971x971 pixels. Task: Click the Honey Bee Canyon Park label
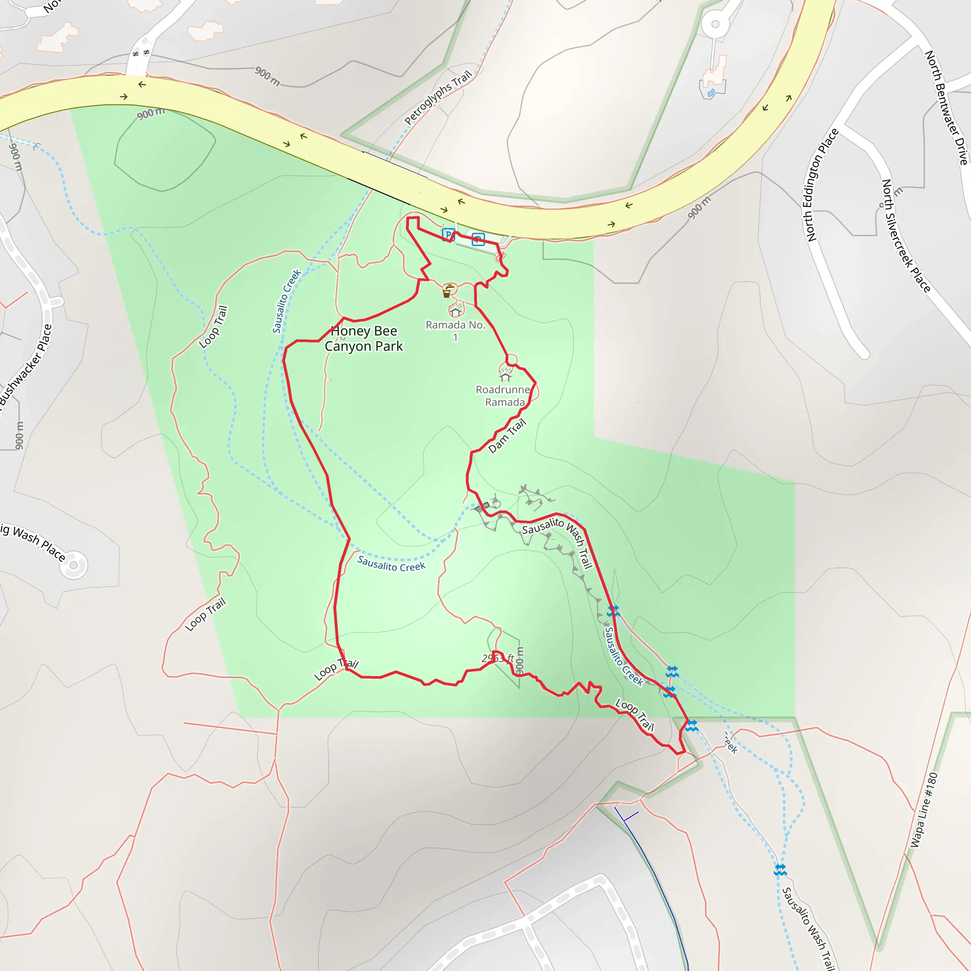click(x=363, y=338)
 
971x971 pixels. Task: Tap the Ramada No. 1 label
click(x=455, y=331)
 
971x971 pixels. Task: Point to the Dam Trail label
click(x=507, y=435)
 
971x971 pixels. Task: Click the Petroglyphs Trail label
click(x=438, y=97)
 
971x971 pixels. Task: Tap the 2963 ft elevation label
click(x=497, y=658)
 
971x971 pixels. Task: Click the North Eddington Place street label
click(x=822, y=185)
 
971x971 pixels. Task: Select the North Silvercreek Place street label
click(x=906, y=235)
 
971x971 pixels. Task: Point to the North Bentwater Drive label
click(x=946, y=108)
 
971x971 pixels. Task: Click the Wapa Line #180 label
click(x=924, y=810)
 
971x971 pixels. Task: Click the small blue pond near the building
click(x=711, y=93)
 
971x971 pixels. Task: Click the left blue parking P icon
click(x=448, y=234)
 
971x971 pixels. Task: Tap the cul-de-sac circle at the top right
click(x=715, y=24)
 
